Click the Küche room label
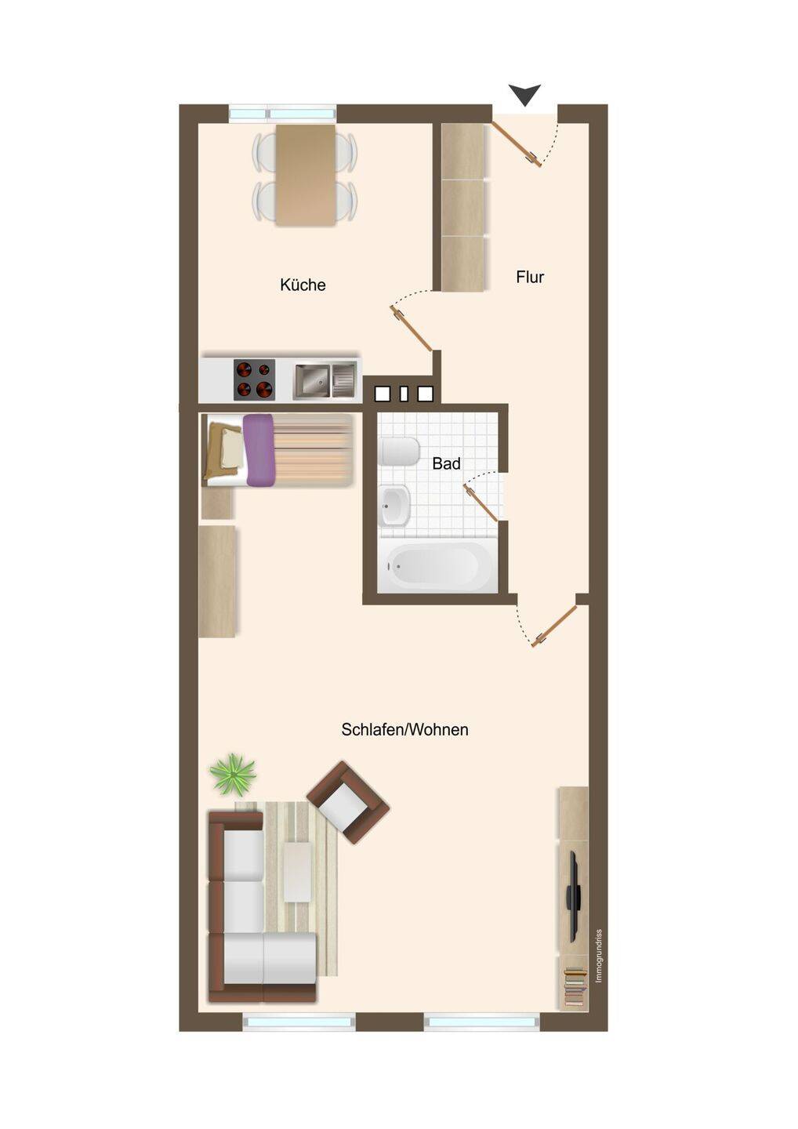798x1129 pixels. (303, 285)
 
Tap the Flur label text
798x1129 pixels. (530, 277)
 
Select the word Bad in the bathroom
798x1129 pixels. (446, 463)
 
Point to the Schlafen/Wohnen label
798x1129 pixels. (404, 729)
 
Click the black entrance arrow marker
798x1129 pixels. (524, 94)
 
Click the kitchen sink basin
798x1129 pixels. (312, 380)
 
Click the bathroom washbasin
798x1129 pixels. (396, 506)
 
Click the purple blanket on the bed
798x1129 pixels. (259, 450)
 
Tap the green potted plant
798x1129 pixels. (234, 775)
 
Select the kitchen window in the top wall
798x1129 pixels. (282, 113)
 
